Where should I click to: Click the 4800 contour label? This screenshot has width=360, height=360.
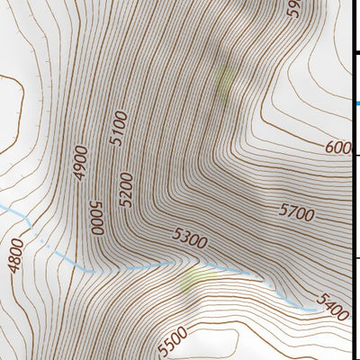click(x=15, y=253)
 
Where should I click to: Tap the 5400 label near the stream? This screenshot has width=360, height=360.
click(x=331, y=306)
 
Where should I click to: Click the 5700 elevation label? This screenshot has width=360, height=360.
click(x=296, y=213)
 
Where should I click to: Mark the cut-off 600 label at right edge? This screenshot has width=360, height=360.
click(x=337, y=147)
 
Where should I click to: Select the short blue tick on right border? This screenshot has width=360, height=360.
click(x=357, y=104)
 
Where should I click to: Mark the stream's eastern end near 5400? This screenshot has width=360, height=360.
click(x=314, y=310)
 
